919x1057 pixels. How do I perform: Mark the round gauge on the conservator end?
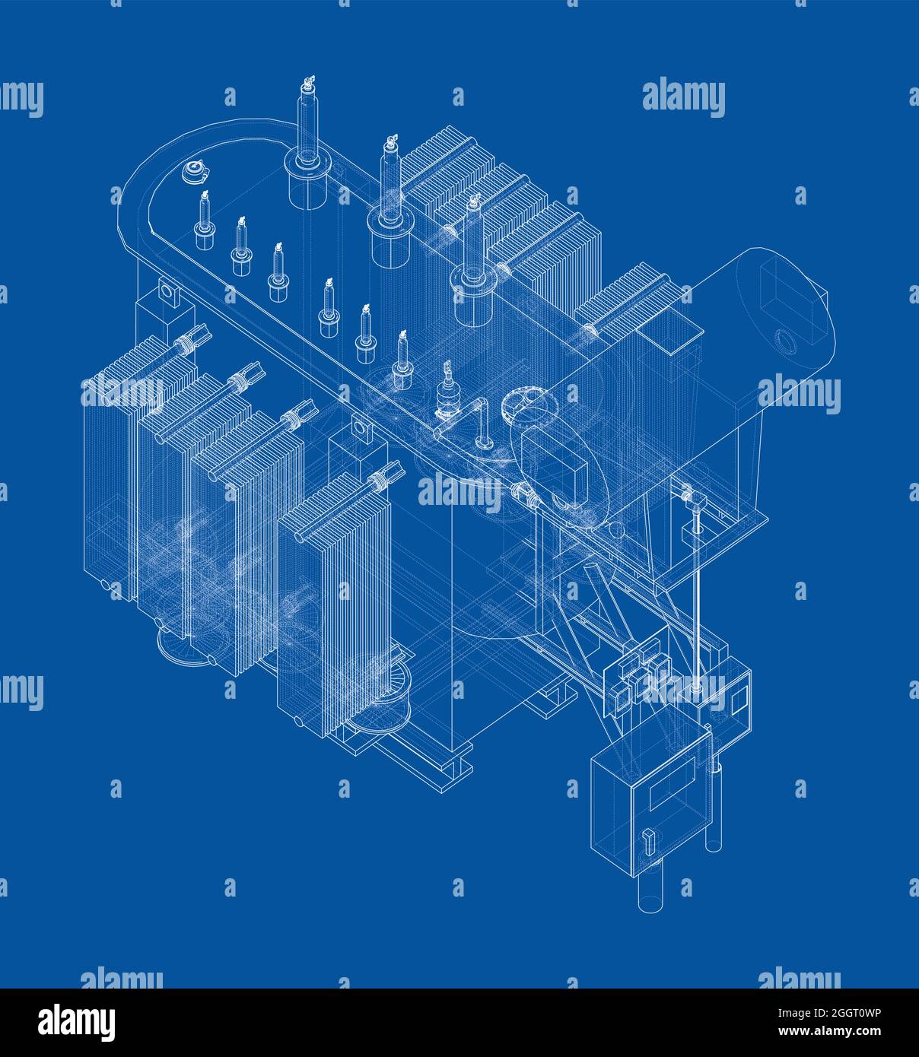784,340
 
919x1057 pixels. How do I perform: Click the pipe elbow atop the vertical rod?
692,499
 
